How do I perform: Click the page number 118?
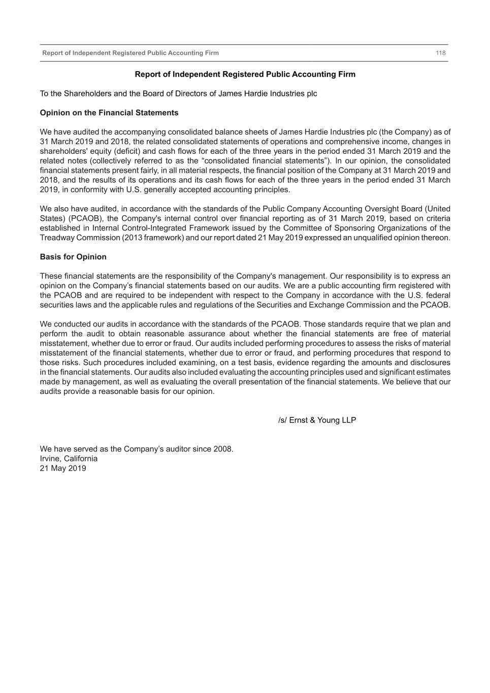pos(440,53)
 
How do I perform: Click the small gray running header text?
pos(130,53)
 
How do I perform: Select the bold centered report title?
pos(245,74)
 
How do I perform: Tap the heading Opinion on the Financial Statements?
pos(109,113)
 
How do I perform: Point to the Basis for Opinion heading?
pos(73,257)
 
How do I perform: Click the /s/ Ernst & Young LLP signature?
pos(317,420)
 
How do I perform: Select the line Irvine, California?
pos(69,458)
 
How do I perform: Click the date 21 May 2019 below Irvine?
pos(63,468)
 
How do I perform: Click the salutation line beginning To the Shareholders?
pos(178,93)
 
